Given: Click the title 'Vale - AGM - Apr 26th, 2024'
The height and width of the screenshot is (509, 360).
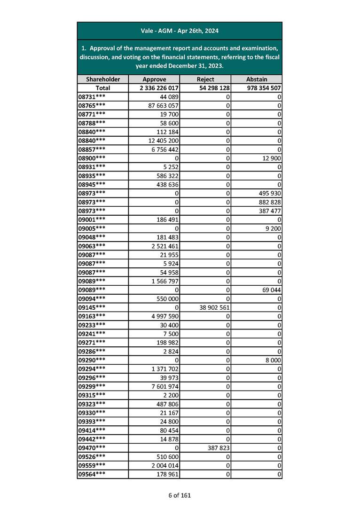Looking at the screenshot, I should click(180, 31).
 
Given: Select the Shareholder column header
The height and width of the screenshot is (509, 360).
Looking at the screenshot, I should click(103, 79).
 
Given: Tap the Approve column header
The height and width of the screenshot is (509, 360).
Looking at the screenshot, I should click(154, 79).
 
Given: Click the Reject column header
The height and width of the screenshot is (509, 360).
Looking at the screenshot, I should click(205, 79).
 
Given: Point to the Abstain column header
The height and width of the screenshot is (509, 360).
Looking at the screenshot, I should click(257, 79).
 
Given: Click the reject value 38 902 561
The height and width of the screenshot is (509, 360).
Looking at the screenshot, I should click(211, 307).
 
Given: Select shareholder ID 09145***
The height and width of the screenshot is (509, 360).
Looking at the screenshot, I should click(92, 307).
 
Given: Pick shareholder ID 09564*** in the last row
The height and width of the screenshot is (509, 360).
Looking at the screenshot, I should click(92, 474).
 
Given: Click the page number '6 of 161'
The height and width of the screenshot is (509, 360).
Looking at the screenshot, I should click(180, 495).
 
